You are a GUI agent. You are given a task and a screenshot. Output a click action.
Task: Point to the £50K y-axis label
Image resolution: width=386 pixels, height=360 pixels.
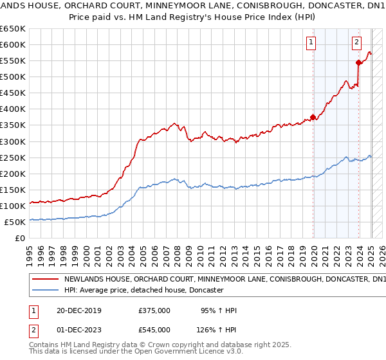pyautogui.click(x=14, y=222)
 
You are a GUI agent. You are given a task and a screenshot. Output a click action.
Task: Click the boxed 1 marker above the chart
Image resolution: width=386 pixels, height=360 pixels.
pyautogui.click(x=311, y=43)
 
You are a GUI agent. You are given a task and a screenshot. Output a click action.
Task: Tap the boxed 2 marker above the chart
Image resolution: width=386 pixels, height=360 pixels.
pyautogui.click(x=356, y=43)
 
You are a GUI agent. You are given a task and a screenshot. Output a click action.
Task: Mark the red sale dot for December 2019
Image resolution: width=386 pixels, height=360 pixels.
pyautogui.click(x=313, y=117)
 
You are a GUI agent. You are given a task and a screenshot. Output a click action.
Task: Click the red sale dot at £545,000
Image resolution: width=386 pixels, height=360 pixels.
pyautogui.click(x=358, y=62)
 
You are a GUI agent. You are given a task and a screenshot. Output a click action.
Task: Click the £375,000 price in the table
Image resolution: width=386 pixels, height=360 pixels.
pyautogui.click(x=154, y=310)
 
